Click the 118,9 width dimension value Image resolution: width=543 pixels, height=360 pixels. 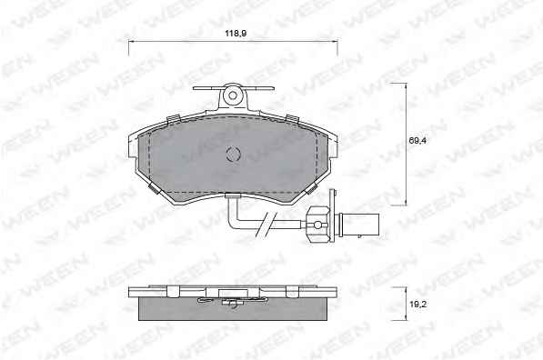(236, 34)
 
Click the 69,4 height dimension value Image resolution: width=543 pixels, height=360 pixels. (417, 141)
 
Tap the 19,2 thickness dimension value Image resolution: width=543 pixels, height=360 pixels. (417, 305)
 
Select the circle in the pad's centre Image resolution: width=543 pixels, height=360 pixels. (233, 154)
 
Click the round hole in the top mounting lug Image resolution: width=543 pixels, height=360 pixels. (233, 95)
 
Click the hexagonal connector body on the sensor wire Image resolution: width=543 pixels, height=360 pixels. (318, 225)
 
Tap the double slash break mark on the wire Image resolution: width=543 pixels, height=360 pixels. (266, 225)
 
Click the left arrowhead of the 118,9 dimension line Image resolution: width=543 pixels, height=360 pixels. (131, 42)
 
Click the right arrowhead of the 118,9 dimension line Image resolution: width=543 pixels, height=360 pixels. (335, 42)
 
